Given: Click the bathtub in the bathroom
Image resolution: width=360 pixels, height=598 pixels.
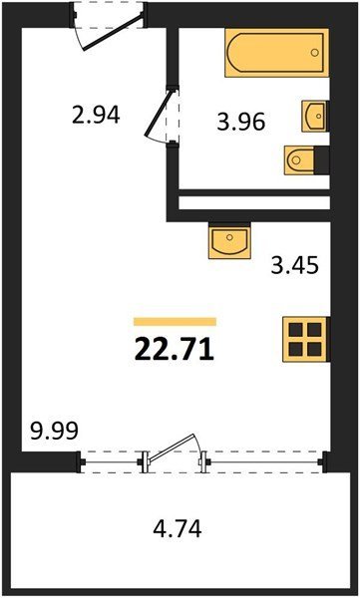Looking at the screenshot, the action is (277, 53).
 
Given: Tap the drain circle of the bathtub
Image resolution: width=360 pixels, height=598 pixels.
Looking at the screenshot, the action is (314, 53).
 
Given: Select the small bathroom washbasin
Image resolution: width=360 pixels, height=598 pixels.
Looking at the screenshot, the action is (315, 116).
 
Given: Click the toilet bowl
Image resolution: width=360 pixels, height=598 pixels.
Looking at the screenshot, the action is (299, 160).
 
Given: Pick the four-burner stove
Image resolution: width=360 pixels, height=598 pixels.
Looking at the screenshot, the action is (305, 339).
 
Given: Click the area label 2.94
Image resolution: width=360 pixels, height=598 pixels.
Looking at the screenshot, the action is (96, 115).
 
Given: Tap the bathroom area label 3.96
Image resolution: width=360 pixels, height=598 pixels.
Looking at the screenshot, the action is (241, 123).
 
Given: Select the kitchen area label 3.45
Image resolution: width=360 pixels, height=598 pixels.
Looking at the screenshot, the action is (295, 266).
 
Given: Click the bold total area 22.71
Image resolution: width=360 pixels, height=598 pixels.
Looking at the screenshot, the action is (175, 351).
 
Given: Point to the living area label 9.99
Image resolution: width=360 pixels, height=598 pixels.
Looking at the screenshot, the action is (54, 431).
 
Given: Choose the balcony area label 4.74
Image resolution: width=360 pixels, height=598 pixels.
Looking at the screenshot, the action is (178, 529).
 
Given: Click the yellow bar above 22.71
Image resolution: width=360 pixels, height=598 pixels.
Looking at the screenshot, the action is (175, 322).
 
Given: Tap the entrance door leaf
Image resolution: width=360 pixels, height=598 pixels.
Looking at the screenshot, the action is (113, 33).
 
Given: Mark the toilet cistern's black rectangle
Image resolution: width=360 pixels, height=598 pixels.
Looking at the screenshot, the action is (322, 159).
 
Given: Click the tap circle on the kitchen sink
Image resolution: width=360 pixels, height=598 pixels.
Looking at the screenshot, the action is (229, 237).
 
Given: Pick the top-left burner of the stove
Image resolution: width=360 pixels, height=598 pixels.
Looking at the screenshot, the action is (296, 330).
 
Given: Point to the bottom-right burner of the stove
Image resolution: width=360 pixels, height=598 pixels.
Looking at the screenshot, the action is (314, 349).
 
